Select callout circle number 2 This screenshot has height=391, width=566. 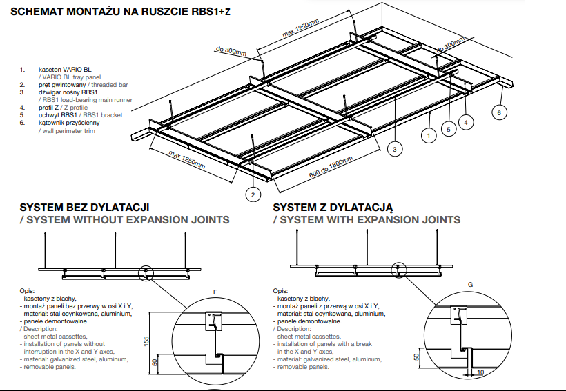point(253,195)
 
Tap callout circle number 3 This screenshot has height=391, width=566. point(394,148)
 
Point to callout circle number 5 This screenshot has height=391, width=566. point(449,129)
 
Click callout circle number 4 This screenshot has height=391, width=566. point(467,122)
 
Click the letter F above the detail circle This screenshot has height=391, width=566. point(215,292)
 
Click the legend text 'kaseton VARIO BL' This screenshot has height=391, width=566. point(66,70)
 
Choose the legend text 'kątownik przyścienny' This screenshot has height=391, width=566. point(69,123)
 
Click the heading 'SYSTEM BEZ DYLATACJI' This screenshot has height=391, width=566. point(84,207)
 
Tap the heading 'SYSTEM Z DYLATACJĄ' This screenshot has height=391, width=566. point(333,207)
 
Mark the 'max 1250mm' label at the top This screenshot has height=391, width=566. point(301,29)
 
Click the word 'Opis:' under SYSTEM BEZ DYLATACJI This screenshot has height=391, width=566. point(27,291)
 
